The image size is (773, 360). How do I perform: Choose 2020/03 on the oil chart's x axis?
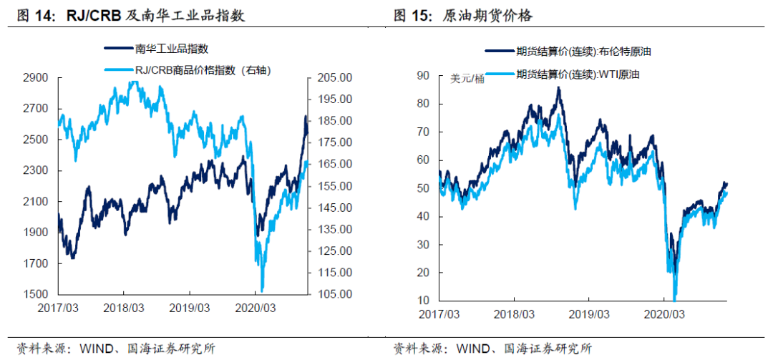pos(664,314)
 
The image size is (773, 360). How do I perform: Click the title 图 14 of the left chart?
pos(31,15)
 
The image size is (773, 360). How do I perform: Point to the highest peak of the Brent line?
pos(558,89)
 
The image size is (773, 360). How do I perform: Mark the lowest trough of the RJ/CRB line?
pos(262,291)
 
